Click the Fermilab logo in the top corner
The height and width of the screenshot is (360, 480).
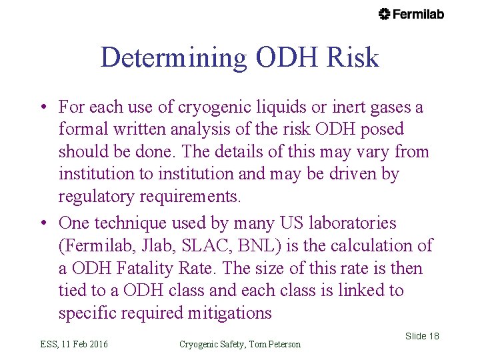point(411,14)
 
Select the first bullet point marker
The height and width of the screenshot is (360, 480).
point(42,107)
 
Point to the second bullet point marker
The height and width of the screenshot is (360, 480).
point(42,223)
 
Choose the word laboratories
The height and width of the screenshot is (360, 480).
point(349,223)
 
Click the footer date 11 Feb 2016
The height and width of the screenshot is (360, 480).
point(84,344)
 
